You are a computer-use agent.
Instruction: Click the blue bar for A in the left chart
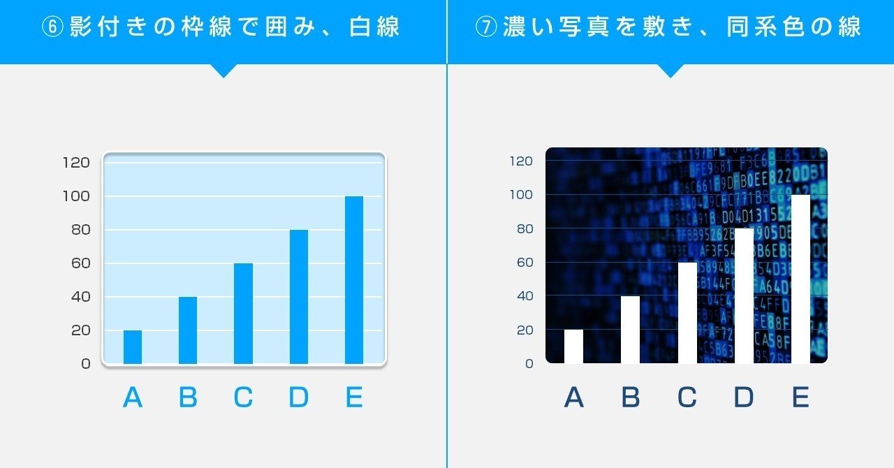tap(133, 347)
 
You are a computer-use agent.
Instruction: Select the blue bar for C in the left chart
tap(243, 314)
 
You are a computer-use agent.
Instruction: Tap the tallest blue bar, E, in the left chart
tap(354, 280)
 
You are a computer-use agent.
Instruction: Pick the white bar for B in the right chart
tap(630, 330)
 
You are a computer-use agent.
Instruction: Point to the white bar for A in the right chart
tap(573, 346)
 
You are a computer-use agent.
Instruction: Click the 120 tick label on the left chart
tap(76, 163)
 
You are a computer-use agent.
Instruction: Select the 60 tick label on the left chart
tap(80, 263)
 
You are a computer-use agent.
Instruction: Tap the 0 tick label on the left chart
tap(86, 364)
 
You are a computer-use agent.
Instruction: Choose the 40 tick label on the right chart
tap(524, 296)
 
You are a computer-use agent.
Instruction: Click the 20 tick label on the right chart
tap(524, 330)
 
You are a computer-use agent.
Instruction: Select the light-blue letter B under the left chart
tap(188, 397)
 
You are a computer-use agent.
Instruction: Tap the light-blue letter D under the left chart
tap(299, 397)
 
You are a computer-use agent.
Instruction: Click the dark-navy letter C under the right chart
tap(687, 397)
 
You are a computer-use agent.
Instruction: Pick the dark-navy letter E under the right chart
tap(800, 397)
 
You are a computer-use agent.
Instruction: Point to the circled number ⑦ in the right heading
tap(485, 28)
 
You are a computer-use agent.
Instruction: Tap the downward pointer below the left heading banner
tap(223, 71)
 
